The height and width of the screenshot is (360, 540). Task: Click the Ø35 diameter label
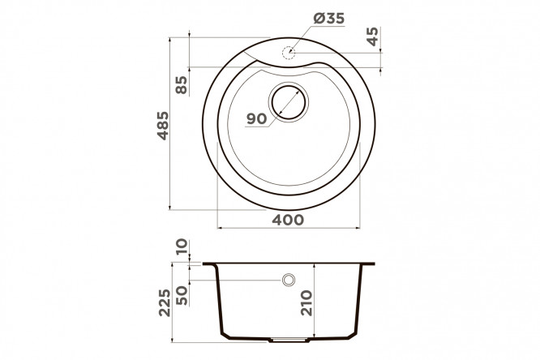[328, 19]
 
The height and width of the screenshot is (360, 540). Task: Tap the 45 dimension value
[372, 36]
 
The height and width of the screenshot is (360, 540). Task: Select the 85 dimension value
[181, 85]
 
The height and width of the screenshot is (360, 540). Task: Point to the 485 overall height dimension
[162, 126]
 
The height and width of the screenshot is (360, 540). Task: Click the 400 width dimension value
[288, 220]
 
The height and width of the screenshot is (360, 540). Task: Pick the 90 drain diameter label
[257, 119]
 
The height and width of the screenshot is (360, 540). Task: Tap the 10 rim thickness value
[182, 246]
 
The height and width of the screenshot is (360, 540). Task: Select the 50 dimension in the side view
[182, 296]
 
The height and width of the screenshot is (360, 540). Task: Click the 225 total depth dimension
[165, 302]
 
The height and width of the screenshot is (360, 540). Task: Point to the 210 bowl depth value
[306, 303]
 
